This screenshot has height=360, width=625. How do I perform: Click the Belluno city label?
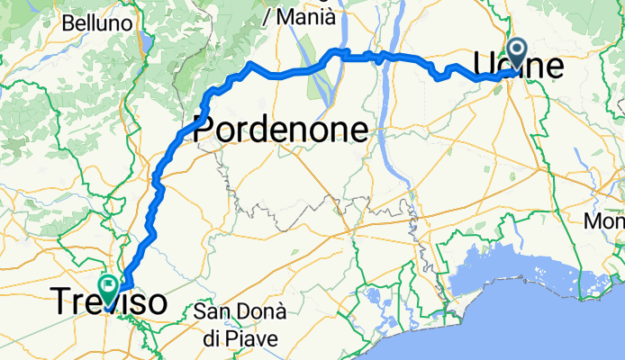click(99, 22)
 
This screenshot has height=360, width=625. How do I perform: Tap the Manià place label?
click(305, 16)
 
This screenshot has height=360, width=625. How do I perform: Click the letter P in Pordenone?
click(204, 130)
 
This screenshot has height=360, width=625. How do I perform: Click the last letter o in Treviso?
click(156, 302)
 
